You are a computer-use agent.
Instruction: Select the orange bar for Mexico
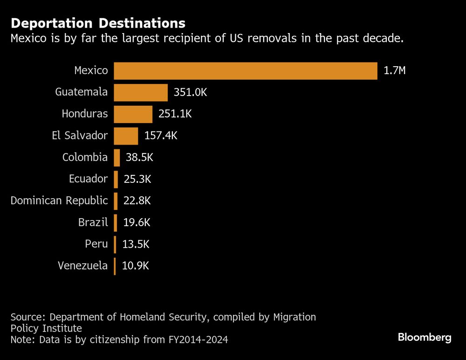click(246, 71)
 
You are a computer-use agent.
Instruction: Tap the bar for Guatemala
click(141, 92)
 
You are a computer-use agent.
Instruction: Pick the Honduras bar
click(133, 114)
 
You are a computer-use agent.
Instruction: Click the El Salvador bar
click(126, 136)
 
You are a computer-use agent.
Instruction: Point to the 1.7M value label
click(395, 71)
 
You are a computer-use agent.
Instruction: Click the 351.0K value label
click(190, 92)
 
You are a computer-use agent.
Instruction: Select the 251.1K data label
click(175, 114)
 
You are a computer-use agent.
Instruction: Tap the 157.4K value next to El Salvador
click(161, 136)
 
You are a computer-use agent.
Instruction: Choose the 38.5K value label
click(139, 158)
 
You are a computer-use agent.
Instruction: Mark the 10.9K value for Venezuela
click(136, 266)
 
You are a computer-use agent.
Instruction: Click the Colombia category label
click(85, 158)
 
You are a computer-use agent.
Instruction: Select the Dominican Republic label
click(59, 201)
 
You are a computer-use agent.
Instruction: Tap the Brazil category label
click(93, 222)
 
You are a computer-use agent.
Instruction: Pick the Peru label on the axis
click(96, 244)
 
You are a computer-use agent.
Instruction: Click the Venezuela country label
click(82, 266)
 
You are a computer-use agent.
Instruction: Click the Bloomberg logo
click(425, 338)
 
